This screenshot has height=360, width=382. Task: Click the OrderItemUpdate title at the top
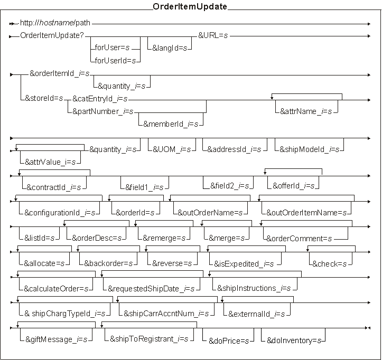[x=190, y=7]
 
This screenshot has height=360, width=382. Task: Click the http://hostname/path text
[x=55, y=23]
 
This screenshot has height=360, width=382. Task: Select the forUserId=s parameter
[x=115, y=61]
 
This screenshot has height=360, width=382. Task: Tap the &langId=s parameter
[x=169, y=48]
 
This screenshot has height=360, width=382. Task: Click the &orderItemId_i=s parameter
[x=60, y=74]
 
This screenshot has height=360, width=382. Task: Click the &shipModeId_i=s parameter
[x=309, y=149]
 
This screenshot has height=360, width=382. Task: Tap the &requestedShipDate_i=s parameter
[x=151, y=288]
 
